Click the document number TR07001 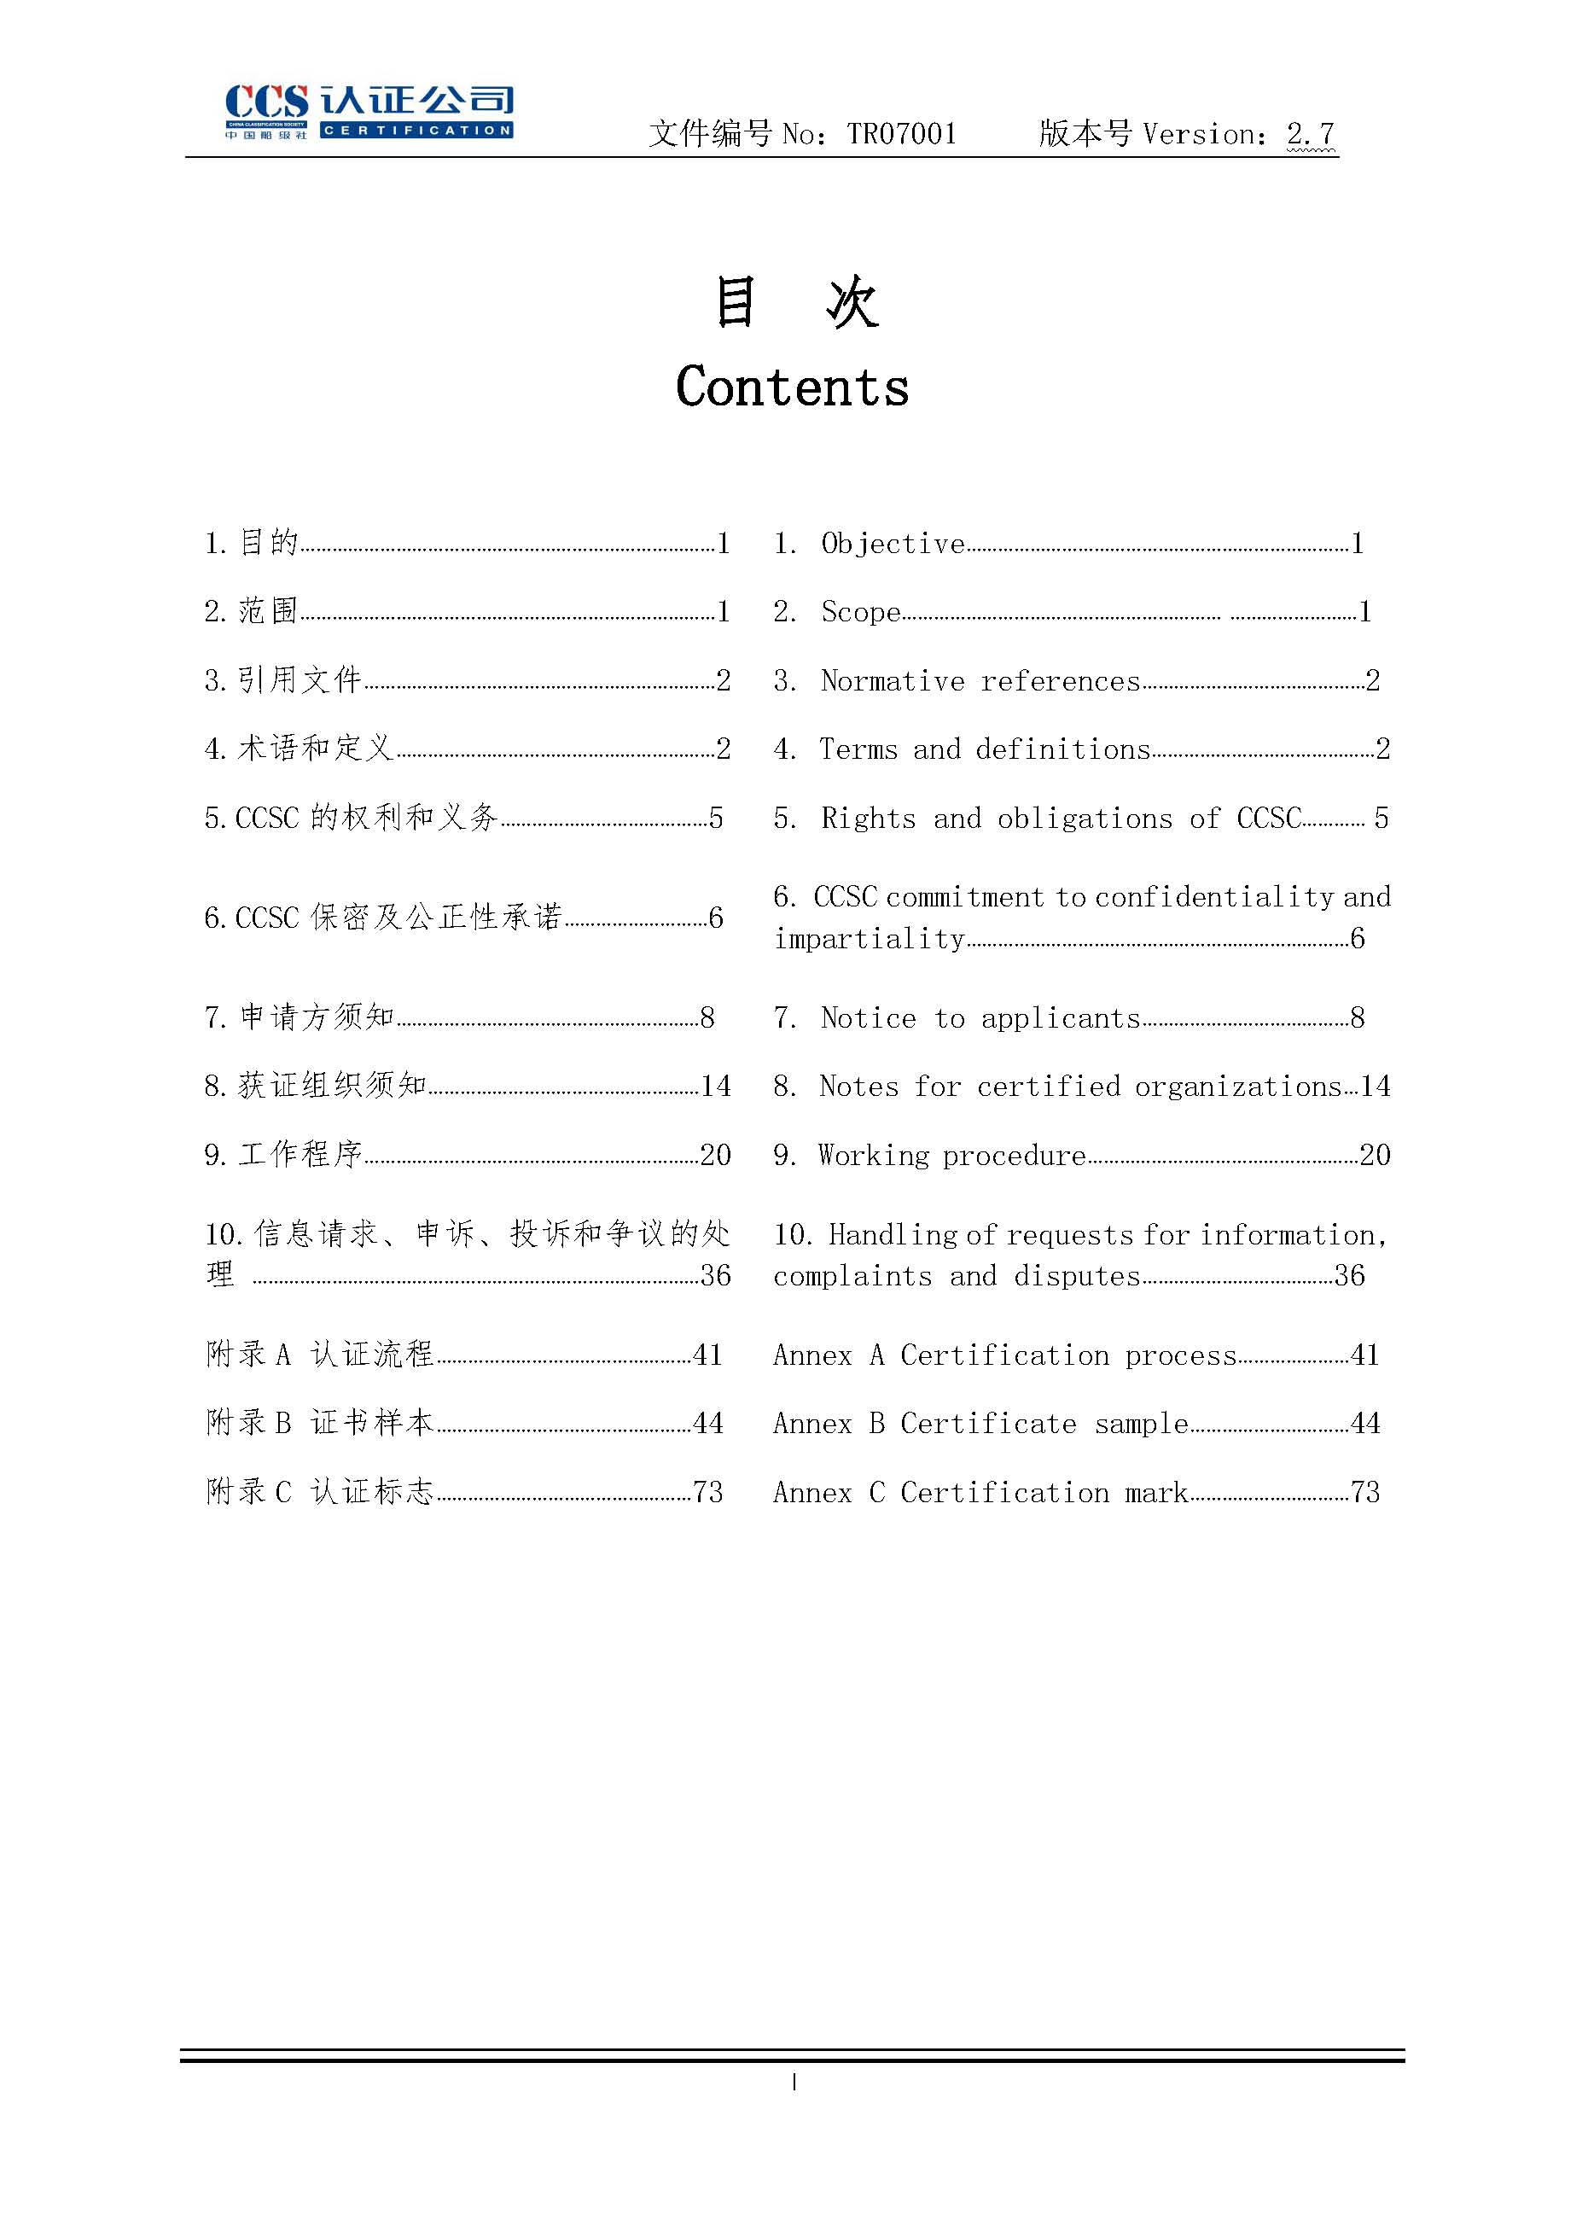tap(902, 134)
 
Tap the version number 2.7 tap(1311, 134)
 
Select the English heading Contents tap(792, 387)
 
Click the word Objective tap(893, 544)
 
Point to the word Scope tap(860, 612)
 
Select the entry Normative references tap(980, 681)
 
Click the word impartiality tap(870, 939)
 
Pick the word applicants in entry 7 tap(1061, 1018)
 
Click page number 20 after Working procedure tap(1375, 1155)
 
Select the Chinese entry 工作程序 tap(300, 1154)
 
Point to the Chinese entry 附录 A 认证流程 tap(320, 1354)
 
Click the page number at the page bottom tap(794, 2083)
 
